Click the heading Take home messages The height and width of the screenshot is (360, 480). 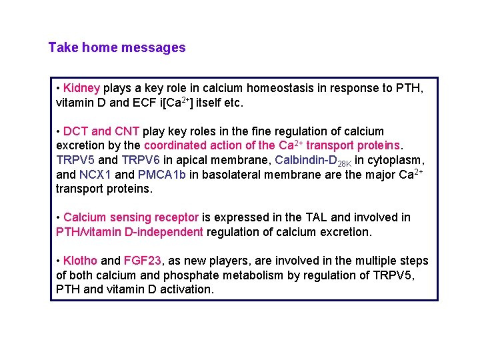[x=117, y=48]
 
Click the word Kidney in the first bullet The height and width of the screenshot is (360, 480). [x=81, y=88]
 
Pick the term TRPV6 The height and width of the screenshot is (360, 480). [x=140, y=161]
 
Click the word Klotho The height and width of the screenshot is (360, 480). [x=80, y=261]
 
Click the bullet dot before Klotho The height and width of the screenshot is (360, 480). [x=59, y=261]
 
